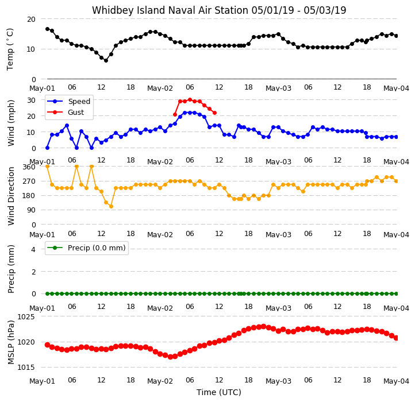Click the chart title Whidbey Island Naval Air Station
tap(171, 10)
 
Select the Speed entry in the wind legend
tap(79, 101)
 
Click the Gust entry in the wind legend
tap(76, 113)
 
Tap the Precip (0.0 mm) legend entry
tap(97, 248)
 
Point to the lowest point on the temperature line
tap(106, 60)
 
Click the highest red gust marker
tap(190, 100)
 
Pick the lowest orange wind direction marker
tap(111, 207)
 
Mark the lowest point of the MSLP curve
tap(170, 357)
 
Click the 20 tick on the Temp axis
tap(31, 20)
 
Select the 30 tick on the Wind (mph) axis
tap(31, 100)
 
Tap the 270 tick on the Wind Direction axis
tap(29, 181)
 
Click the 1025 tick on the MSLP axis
tap(26, 317)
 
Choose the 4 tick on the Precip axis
tap(33, 249)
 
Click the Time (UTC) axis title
tap(219, 392)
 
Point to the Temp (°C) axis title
tap(10, 49)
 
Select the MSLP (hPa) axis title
tap(10, 342)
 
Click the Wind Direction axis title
tap(11, 196)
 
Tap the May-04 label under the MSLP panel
tap(396, 381)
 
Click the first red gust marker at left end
tap(175, 114)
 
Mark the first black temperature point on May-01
tap(47, 29)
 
